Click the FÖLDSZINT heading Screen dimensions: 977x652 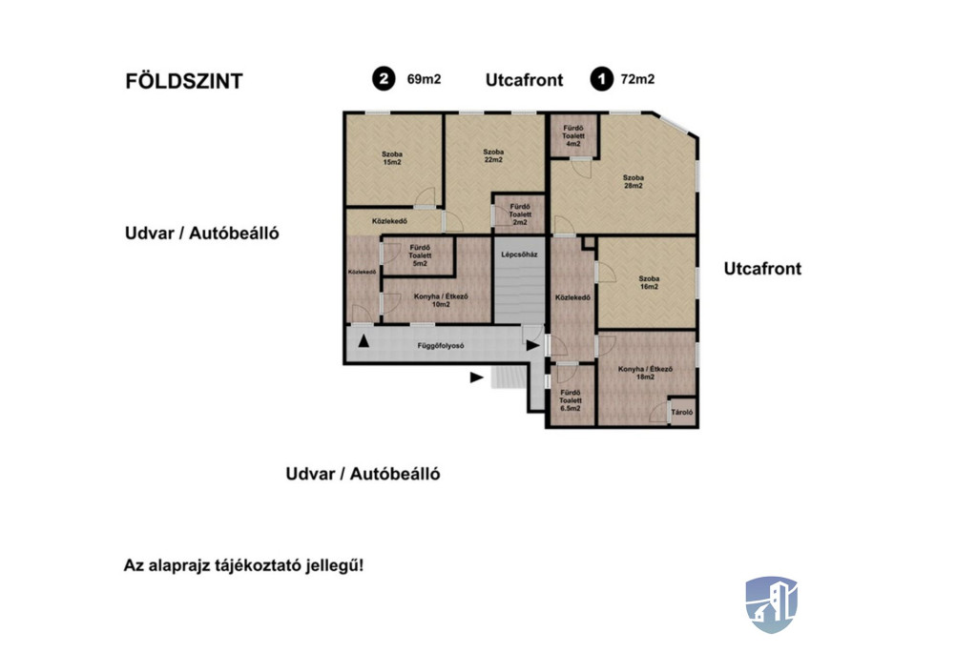184,81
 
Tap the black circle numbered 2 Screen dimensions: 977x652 384,79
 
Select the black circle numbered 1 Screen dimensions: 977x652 602,79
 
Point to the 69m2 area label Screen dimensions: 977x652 424,79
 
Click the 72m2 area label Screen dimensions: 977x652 637,79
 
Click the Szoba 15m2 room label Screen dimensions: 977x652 392,158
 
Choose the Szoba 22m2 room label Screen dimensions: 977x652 493,155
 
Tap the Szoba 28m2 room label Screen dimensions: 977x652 634,182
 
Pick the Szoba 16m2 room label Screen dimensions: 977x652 649,283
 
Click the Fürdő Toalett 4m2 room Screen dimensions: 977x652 573,135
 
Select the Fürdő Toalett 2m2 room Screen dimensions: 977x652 520,214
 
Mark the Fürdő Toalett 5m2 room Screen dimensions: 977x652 420,255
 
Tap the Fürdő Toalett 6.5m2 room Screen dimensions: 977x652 571,396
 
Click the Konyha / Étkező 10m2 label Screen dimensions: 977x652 441,301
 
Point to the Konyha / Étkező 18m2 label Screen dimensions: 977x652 645,373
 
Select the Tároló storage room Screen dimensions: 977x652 681,412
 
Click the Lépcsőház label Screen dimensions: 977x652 519,255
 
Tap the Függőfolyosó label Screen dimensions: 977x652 441,346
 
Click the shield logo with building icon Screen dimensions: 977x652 771,604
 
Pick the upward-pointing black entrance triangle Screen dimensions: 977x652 364,340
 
